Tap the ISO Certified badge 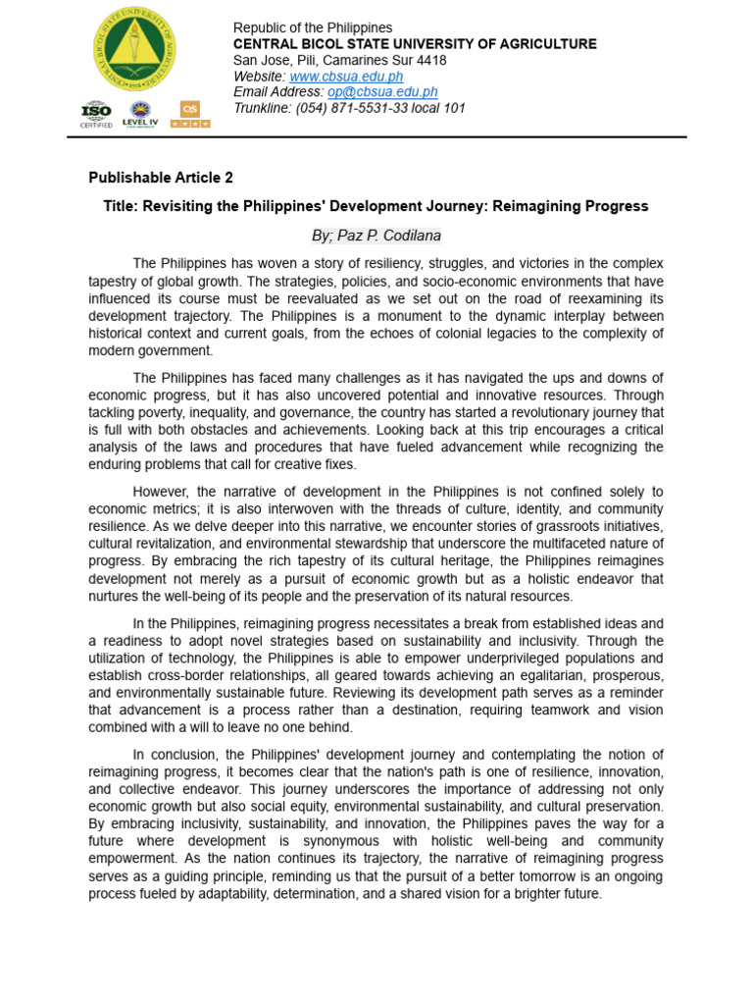[96, 115]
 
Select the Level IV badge [139, 115]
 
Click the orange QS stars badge [190, 115]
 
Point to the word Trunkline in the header [262, 108]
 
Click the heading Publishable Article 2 [161, 178]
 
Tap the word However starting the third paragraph [163, 492]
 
